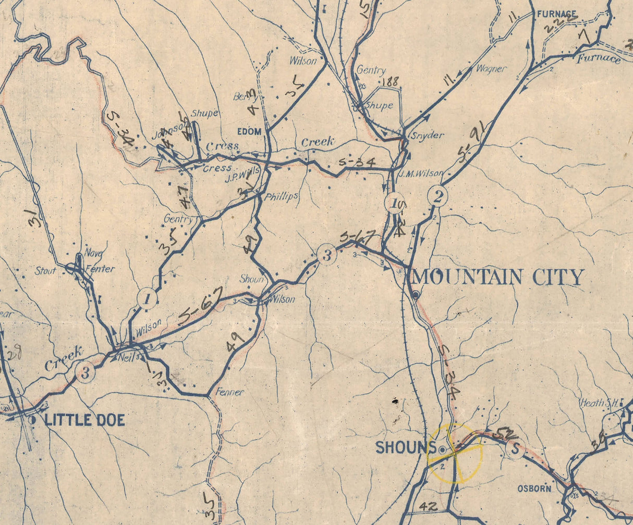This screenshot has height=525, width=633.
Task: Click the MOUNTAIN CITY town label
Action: pyautogui.click(x=498, y=277)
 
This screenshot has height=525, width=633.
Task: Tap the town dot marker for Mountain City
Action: pyautogui.click(x=416, y=295)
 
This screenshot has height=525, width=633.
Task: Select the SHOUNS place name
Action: pyautogui.click(x=406, y=447)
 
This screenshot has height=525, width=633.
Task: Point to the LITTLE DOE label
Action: pyautogui.click(x=85, y=420)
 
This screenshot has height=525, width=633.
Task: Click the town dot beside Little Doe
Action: pyautogui.click(x=33, y=419)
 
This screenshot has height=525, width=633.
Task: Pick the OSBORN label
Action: pyautogui.click(x=534, y=489)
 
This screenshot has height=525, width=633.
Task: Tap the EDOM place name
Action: pyautogui.click(x=249, y=132)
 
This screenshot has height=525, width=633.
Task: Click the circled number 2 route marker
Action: pyautogui.click(x=437, y=196)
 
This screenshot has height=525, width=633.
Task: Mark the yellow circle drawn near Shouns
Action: pyautogui.click(x=455, y=453)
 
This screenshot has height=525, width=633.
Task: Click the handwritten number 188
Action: pyautogui.click(x=389, y=82)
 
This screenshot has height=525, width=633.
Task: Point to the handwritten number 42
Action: pyautogui.click(x=429, y=505)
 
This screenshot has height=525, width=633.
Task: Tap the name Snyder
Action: pyautogui.click(x=431, y=135)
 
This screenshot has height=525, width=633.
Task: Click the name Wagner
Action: pyautogui.click(x=491, y=69)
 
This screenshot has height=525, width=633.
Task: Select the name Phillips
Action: pyautogui.click(x=281, y=196)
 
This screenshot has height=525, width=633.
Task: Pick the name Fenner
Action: pyautogui.click(x=230, y=392)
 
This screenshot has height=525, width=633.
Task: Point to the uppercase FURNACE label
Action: pyautogui.click(x=557, y=14)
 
